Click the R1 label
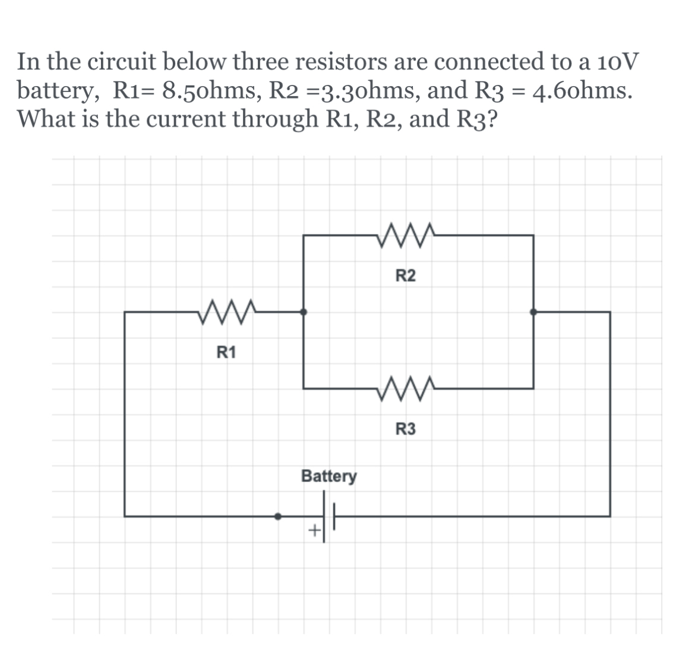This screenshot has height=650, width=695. (x=226, y=353)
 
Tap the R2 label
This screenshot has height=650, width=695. (x=406, y=276)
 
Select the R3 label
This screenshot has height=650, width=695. (x=406, y=429)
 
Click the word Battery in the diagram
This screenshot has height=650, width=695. (x=329, y=476)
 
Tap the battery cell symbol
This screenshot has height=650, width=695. (x=329, y=516)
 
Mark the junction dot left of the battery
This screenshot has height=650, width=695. (x=277, y=516)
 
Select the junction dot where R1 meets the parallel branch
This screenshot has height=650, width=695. (x=304, y=312)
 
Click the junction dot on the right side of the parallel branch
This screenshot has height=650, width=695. (x=533, y=312)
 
